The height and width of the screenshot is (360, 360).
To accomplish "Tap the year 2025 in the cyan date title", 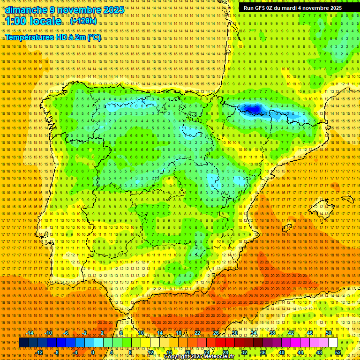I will point(113,10).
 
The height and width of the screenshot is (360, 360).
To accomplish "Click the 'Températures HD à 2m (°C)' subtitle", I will point(53,37).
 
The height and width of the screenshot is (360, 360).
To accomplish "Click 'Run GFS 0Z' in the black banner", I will point(261,8).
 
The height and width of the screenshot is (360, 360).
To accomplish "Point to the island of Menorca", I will point(347,198).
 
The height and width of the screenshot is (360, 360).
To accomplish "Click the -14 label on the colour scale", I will point(30,333).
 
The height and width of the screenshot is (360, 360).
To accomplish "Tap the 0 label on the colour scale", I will point(93,352).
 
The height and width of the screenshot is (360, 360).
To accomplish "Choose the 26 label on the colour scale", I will point(216,333).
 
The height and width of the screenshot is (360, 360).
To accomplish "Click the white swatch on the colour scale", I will point(333,343).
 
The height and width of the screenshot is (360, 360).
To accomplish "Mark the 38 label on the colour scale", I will point(272,333).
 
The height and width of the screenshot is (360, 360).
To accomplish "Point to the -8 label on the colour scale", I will point(57,352).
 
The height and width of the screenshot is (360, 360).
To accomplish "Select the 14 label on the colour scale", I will point(159,333).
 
